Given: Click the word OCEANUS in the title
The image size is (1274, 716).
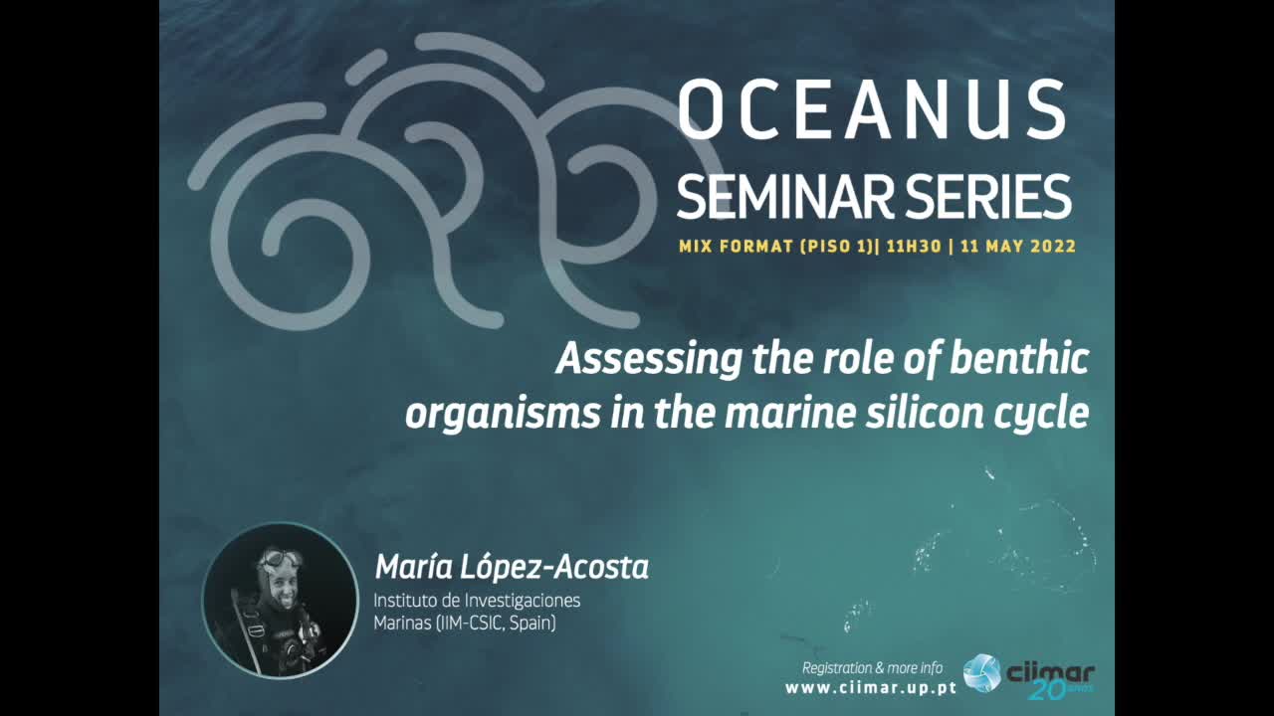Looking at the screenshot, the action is pos(872,109).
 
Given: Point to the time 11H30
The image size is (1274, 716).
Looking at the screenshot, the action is pos(914,247).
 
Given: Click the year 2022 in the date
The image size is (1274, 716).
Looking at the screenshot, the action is pos(1053,247).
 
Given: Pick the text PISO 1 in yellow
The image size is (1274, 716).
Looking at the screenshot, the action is pos(836,247).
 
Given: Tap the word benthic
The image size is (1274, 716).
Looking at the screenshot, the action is pos(1020,358).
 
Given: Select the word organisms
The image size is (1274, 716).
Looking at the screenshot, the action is pos(503,415).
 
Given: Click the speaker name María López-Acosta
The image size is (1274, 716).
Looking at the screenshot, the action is pos(512,567).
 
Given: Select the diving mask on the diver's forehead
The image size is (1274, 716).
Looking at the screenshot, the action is pos(280,558).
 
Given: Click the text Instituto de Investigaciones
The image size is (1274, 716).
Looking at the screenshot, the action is pos(477,601).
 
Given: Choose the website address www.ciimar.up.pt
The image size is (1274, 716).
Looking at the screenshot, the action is pos(871,688).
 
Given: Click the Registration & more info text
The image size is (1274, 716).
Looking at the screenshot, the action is pos(872,668).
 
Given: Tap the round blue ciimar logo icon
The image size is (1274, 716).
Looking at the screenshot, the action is pos(981,673).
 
